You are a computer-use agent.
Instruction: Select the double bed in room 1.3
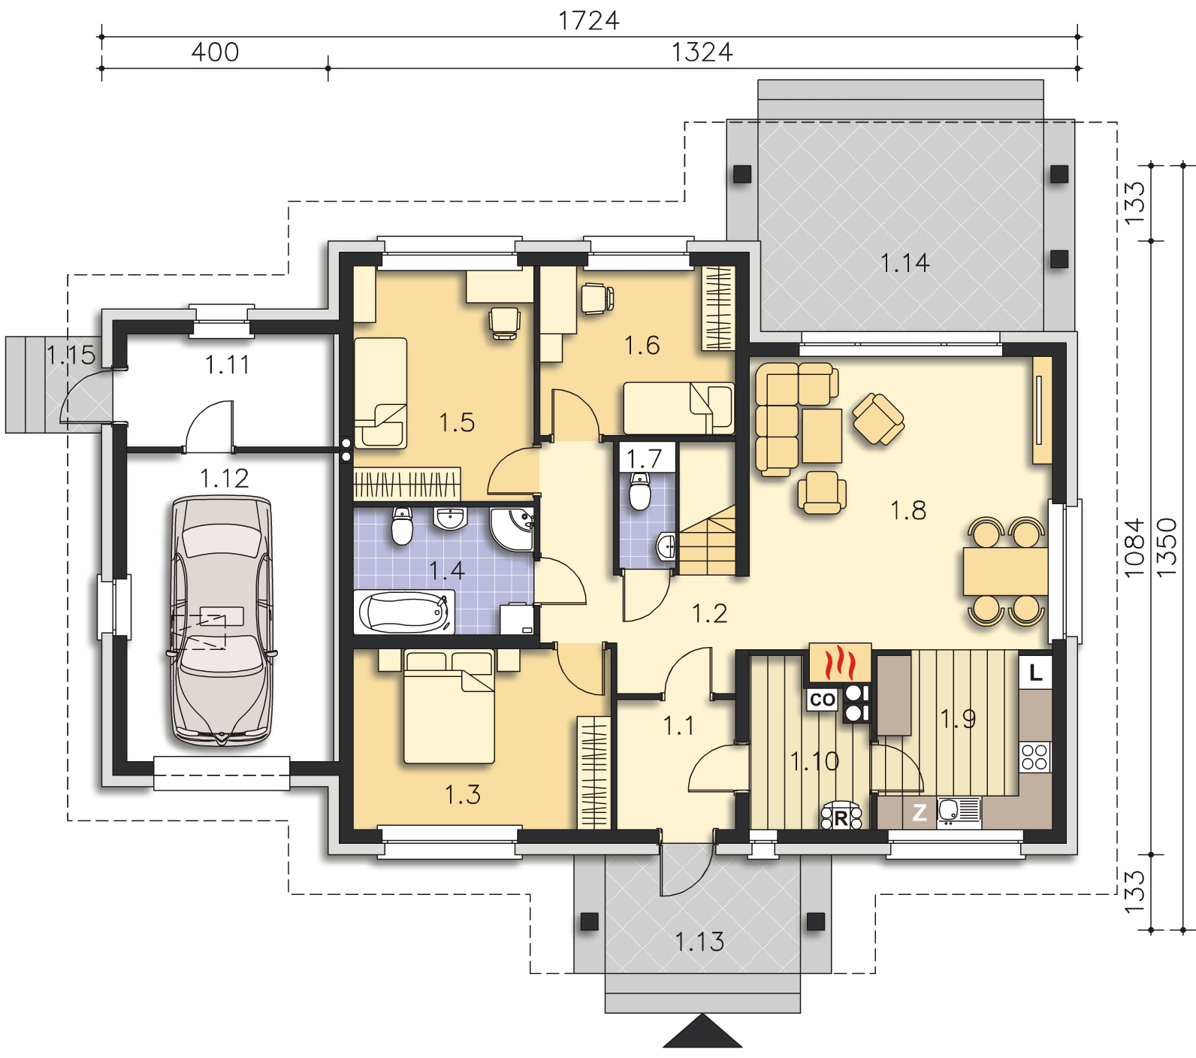click(x=449, y=707)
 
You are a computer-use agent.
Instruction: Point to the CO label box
click(x=823, y=700)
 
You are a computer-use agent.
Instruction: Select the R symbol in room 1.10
click(x=841, y=817)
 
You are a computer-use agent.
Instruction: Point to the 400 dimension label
click(x=215, y=52)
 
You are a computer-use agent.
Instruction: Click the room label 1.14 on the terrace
click(x=905, y=263)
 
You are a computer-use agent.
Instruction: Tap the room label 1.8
click(x=908, y=511)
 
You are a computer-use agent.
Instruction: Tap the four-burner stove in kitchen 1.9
click(x=1034, y=756)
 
